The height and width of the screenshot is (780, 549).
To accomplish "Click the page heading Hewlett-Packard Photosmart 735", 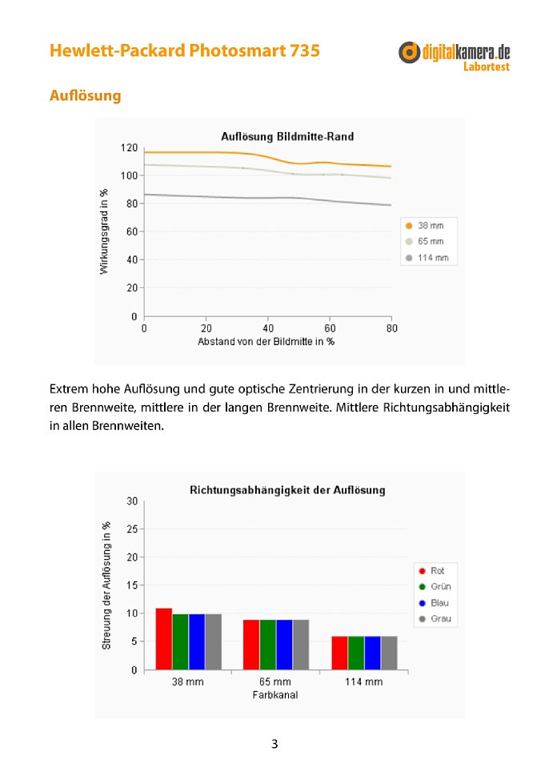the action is (x=185, y=50).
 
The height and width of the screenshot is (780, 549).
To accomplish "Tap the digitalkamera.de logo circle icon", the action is (x=409, y=52).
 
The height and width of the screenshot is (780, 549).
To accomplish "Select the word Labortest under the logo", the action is (x=487, y=66).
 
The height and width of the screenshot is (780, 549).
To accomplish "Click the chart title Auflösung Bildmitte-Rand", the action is (x=287, y=137).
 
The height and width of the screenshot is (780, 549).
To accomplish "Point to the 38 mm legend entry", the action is (x=425, y=225).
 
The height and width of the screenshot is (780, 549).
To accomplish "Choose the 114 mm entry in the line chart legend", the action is (x=427, y=258).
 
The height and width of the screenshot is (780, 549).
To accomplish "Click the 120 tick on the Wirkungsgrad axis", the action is (x=129, y=147).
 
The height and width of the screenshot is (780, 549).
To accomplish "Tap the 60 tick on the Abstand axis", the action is (x=330, y=328).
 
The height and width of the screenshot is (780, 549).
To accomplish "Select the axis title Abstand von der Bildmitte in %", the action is (x=266, y=342).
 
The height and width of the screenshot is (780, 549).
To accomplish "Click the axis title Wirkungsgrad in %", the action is (x=104, y=231).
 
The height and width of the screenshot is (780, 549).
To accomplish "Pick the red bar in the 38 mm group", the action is (x=163, y=639).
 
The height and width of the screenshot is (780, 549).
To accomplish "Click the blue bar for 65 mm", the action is (x=284, y=645).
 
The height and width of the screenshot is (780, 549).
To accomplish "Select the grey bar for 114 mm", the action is (x=390, y=653).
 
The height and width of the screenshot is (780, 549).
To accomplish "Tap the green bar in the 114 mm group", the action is (x=356, y=653).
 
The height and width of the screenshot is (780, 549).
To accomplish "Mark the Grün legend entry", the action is (x=435, y=586).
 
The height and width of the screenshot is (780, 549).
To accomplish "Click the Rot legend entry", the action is (x=431, y=570).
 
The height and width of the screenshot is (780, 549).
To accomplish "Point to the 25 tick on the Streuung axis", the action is (x=132, y=529).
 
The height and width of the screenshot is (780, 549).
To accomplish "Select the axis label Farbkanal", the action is (x=275, y=695).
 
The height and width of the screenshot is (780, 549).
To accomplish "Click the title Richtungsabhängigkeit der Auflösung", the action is (x=287, y=490).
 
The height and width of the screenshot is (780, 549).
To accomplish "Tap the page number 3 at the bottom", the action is (x=274, y=744).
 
